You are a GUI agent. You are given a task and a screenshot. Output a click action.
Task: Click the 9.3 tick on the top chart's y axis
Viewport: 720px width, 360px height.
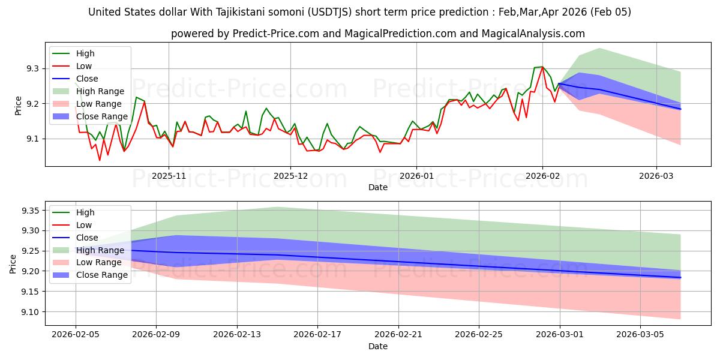32,69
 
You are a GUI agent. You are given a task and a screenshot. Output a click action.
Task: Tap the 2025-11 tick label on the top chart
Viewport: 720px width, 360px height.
168,176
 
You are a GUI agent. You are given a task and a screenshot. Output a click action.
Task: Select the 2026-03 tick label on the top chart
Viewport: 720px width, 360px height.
656,176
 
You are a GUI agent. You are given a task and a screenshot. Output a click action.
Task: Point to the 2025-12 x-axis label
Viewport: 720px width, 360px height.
290,176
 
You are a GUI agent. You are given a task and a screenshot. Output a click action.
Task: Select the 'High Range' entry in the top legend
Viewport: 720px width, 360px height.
100,91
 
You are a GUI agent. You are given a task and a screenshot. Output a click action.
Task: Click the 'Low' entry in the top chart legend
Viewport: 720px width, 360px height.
85,66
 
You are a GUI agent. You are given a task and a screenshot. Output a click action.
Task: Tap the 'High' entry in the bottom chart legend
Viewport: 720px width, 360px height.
85,212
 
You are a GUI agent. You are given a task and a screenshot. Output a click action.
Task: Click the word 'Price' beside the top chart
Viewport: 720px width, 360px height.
18,105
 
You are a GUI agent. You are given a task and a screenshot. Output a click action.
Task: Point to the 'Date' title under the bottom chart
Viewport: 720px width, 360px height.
378,346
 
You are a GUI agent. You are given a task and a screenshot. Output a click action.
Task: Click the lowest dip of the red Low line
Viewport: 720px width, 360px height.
100,160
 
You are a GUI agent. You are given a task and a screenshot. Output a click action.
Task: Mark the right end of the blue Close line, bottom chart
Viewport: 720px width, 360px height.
680,278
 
